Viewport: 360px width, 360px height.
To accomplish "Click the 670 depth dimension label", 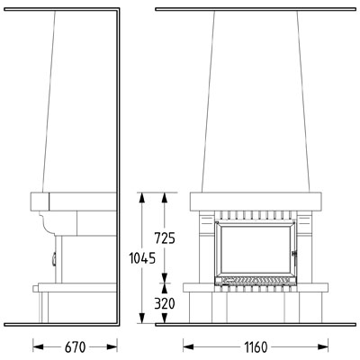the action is (x=75, y=347).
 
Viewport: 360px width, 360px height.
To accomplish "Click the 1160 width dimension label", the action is (x=256, y=347).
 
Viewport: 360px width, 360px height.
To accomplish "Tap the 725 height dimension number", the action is (x=165, y=238).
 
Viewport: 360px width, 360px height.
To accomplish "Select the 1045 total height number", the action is (x=142, y=258).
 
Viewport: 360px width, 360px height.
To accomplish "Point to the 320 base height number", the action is (x=165, y=304).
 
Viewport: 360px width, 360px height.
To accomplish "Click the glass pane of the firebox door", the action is (x=256, y=248).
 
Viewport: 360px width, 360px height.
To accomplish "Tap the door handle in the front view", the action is (x=294, y=258).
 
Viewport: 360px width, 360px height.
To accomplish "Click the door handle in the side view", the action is (x=54, y=259).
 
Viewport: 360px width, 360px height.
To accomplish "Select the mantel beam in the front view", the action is (x=256, y=202).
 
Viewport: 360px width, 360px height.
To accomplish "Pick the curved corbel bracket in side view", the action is (x=48, y=222).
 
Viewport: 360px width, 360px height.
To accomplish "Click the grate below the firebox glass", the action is (x=256, y=280).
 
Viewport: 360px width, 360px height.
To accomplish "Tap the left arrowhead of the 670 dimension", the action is (x=38, y=347).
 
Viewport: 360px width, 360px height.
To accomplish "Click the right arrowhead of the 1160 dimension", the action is (x=323, y=347).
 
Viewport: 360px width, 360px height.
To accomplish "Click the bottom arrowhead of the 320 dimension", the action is (x=165, y=318).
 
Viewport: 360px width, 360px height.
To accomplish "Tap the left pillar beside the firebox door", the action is (x=207, y=247).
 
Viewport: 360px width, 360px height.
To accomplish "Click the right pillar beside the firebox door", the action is (x=304, y=247).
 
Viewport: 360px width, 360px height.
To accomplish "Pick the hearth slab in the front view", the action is (x=256, y=287).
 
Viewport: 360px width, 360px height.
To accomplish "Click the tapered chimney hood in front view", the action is (x=256, y=102).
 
